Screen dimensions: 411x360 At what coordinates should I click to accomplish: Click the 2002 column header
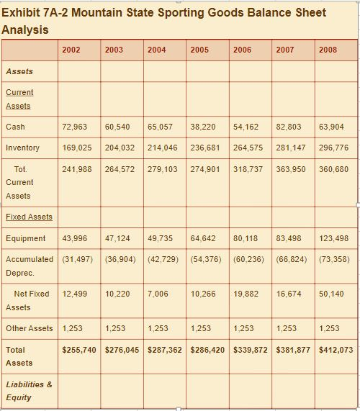tap(71, 50)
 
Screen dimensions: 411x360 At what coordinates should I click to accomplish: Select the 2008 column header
tap(328, 50)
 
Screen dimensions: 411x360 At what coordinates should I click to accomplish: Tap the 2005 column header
tap(199, 50)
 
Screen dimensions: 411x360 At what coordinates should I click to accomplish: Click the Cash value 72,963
tap(75, 127)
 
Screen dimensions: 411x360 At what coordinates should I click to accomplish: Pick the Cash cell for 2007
tap(289, 127)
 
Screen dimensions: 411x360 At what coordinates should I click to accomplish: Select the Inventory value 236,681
tap(205, 148)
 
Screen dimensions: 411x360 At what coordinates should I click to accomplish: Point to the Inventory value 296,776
tap(333, 148)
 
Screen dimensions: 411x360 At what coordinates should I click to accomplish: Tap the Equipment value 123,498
tap(333, 238)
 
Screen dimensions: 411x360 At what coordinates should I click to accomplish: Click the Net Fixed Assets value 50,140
tap(331, 294)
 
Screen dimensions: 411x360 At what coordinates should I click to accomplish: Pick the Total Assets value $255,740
tap(80, 350)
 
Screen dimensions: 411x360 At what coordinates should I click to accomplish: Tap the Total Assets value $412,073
tap(336, 350)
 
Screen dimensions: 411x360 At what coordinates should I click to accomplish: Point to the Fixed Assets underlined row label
tap(29, 217)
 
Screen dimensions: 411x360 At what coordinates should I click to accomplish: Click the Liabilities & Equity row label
tap(29, 391)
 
